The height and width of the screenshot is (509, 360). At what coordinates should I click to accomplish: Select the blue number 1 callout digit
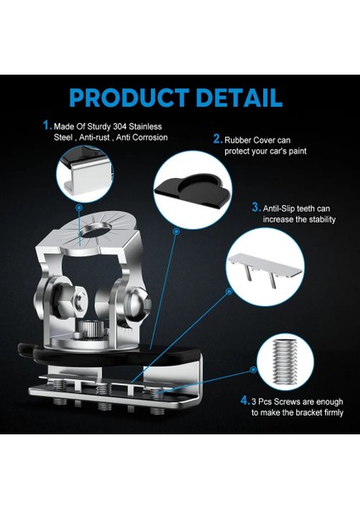pyautogui.click(x=47, y=124)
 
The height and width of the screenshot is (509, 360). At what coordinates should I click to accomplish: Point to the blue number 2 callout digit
pyautogui.click(x=217, y=138)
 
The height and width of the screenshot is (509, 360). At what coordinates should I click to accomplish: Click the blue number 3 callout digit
pyautogui.click(x=255, y=206)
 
